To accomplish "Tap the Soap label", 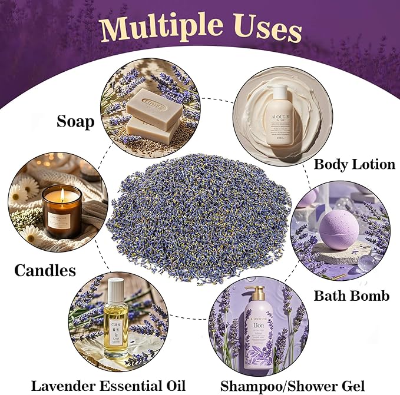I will tap(75, 121).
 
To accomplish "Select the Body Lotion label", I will tap(354, 164).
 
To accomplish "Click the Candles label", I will tap(45, 270).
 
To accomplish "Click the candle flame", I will tap(61, 194).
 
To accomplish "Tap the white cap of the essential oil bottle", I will tap(116, 288).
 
